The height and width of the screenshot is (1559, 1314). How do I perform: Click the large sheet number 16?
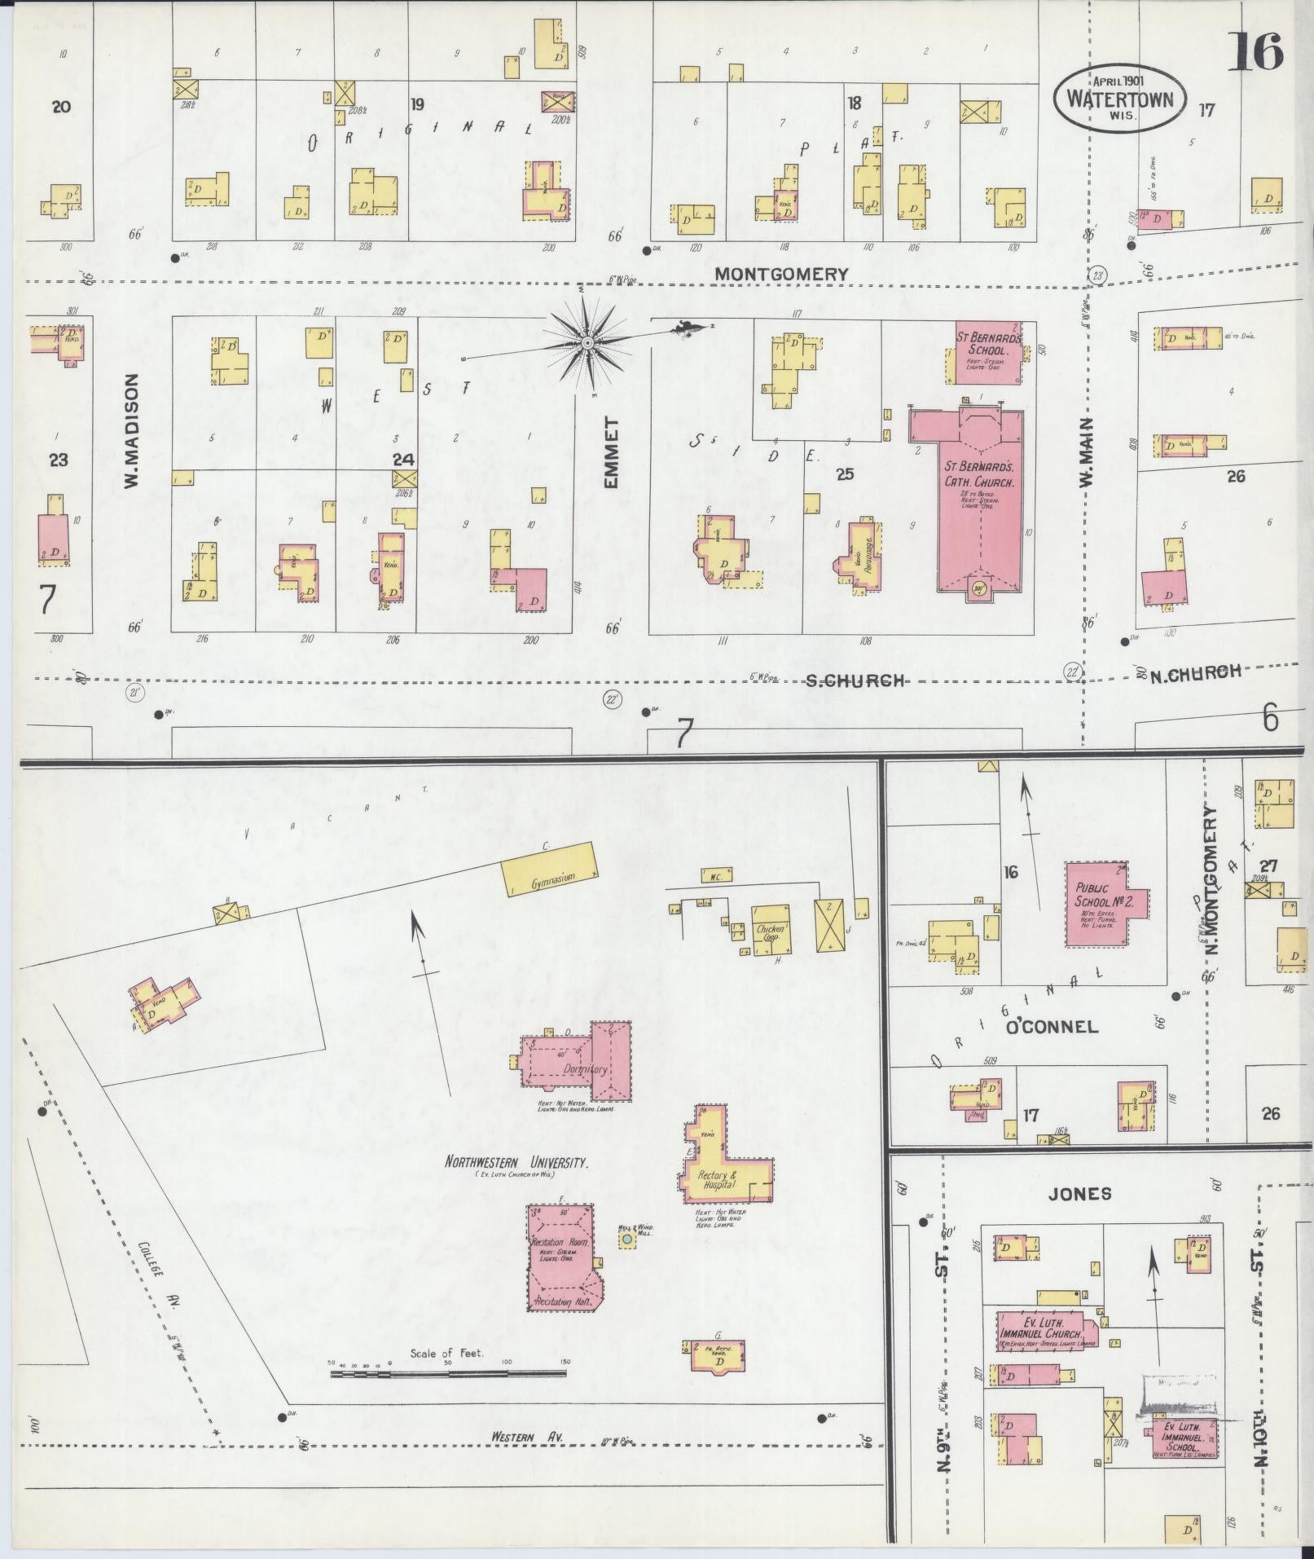click(x=1255, y=51)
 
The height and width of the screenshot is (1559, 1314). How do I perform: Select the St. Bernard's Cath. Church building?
click(x=978, y=497)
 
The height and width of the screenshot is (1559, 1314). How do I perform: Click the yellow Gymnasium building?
click(x=550, y=870)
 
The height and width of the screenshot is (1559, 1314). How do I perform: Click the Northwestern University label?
click(x=516, y=1164)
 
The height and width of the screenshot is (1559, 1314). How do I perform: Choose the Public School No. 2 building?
click(x=1102, y=903)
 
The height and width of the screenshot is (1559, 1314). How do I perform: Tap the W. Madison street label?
click(x=133, y=431)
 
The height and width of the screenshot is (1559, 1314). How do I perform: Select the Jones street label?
click(x=1080, y=1193)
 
